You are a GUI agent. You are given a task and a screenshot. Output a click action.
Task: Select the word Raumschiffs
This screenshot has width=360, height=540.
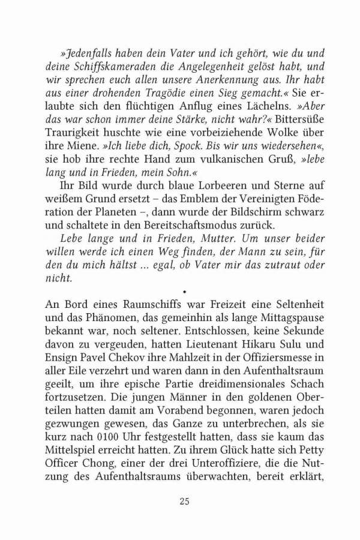[x=140, y=304]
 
